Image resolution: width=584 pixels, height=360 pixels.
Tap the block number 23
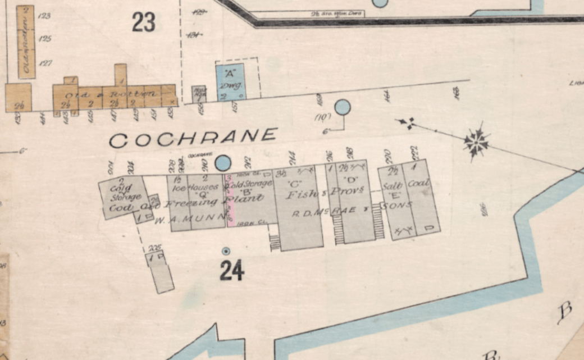(x=143, y=22)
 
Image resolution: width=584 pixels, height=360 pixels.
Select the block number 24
(x=232, y=271)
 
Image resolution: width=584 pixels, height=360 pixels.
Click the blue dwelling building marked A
(x=230, y=82)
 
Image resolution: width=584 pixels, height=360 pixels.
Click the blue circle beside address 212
(x=223, y=163)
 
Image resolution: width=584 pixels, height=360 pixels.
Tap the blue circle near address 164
(x=343, y=107)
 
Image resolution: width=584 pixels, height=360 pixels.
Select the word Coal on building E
(x=418, y=184)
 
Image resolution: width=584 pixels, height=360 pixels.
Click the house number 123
(x=44, y=16)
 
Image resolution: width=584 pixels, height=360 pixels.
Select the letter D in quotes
(x=353, y=180)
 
